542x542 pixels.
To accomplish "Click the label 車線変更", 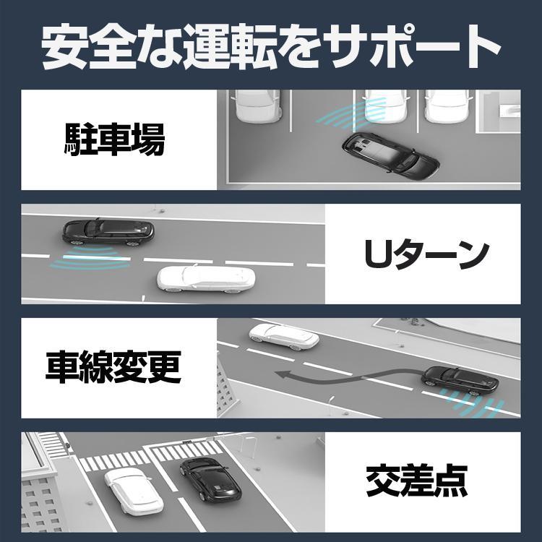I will coord(113,368).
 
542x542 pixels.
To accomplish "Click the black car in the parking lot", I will coord(390,152).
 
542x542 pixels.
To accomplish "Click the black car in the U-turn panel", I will coord(107,231).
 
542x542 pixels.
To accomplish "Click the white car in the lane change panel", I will coord(283,335).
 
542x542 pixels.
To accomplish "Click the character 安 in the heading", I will coord(64,48).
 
